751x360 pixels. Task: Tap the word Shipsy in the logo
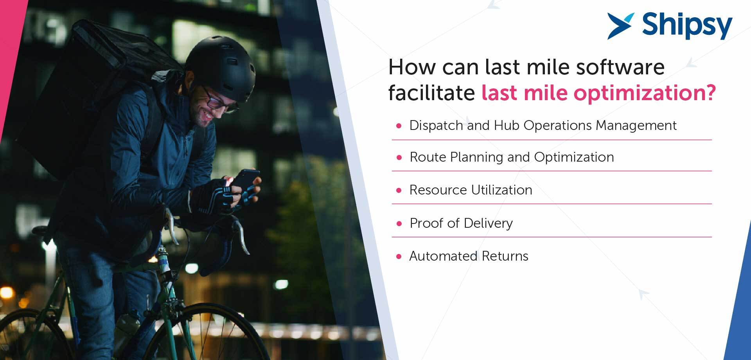[x=687, y=26]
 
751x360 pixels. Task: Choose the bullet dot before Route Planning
[x=399, y=158]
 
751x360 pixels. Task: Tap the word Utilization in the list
[x=502, y=190]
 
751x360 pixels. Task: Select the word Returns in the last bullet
[x=505, y=256]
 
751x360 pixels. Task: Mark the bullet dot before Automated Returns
[x=399, y=257]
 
